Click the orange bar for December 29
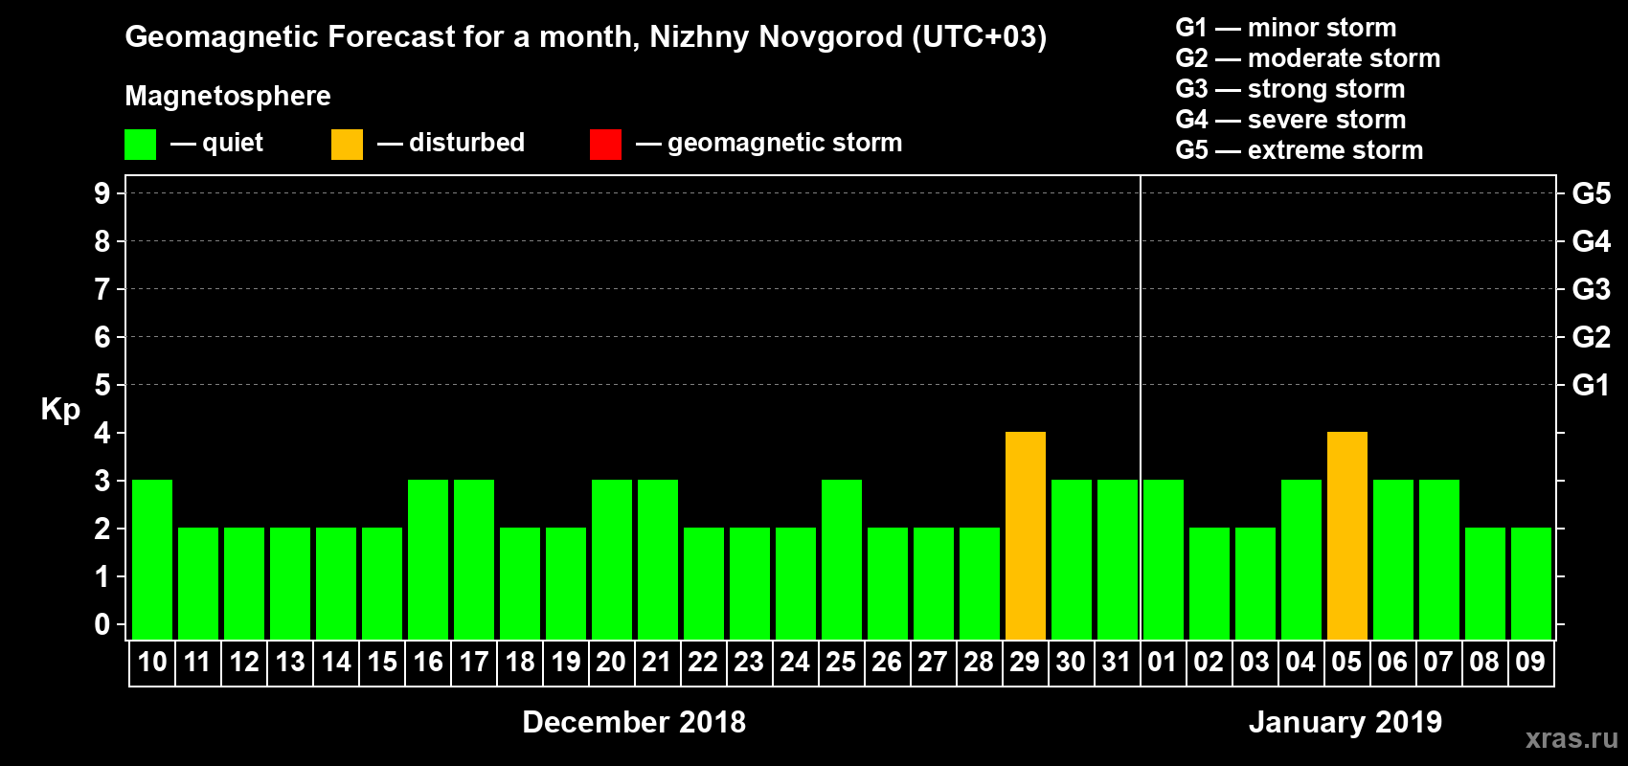(1025, 535)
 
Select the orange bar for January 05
(1346, 535)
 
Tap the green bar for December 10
(152, 559)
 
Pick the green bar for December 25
(842, 559)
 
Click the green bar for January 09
(1530, 583)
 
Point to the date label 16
(428, 662)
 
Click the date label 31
(1117, 662)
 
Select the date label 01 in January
(1163, 662)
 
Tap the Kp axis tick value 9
(102, 193)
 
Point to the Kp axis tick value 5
(102, 385)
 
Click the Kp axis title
(60, 410)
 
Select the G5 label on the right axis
(1591, 193)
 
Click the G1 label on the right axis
(1591, 385)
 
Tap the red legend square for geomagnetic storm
(605, 145)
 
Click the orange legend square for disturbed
(347, 145)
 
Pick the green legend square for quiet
(140, 145)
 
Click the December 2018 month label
(634, 722)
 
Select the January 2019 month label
(1345, 722)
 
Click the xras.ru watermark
(1571, 738)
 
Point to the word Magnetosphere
(228, 96)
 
